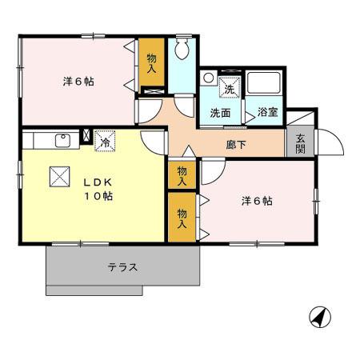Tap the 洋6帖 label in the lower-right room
click(257, 201)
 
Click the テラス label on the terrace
click(122, 267)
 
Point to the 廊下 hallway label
click(236, 145)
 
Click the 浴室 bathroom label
click(267, 112)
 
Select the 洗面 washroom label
click(220, 113)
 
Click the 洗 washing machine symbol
click(230, 86)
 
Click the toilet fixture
click(183, 50)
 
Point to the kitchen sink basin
click(62, 141)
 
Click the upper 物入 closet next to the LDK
click(182, 175)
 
